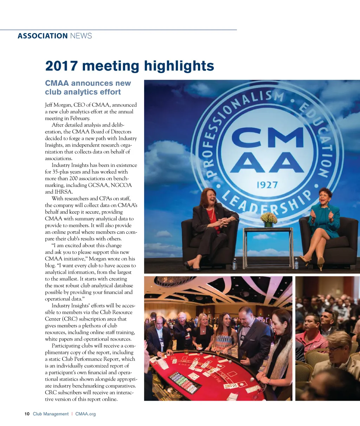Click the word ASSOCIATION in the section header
42,36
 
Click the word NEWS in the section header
81,36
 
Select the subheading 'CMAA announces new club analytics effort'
88,88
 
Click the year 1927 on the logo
267,185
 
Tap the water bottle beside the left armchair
234,264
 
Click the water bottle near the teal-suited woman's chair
296,263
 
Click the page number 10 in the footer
27,414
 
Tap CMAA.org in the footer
85,414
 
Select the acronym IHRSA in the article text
64,192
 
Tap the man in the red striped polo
311,332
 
